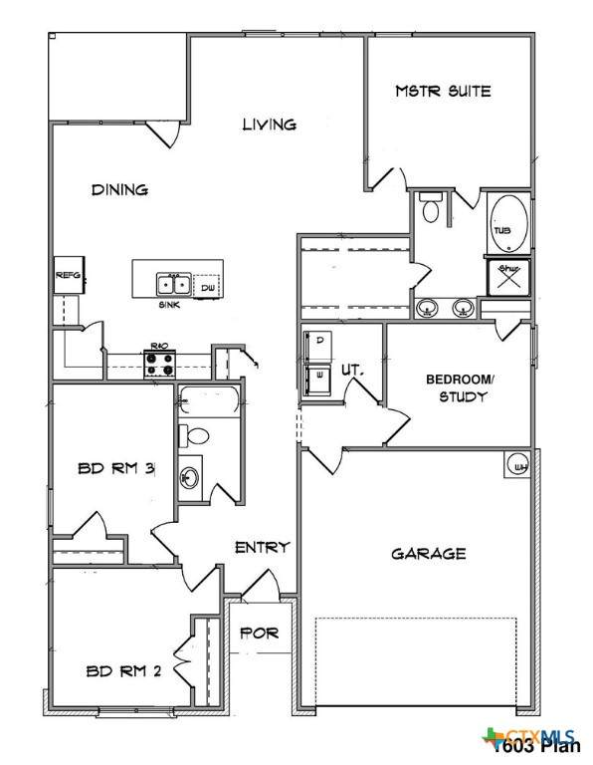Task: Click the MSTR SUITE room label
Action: [443, 92]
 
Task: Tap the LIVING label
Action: [270, 125]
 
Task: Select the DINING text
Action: [119, 189]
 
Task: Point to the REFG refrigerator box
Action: [68, 274]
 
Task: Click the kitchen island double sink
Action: [173, 284]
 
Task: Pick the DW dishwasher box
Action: [208, 287]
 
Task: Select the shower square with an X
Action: [505, 276]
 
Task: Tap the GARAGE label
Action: [428, 554]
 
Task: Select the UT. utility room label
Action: [353, 370]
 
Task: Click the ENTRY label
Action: [262, 547]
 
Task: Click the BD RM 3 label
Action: [114, 469]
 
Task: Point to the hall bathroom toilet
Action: [195, 435]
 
